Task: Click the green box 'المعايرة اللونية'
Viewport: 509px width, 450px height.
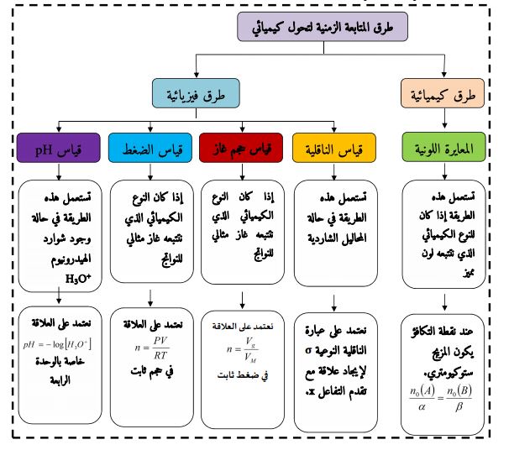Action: click(x=443, y=149)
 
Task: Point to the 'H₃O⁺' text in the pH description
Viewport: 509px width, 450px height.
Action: click(x=78, y=270)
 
